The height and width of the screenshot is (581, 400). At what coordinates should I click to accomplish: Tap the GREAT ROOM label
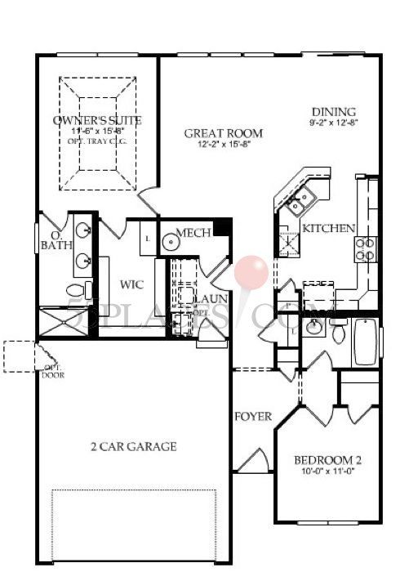(223, 133)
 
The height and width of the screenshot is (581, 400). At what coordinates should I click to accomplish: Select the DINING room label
(334, 112)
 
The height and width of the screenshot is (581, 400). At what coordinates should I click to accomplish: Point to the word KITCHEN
(327, 228)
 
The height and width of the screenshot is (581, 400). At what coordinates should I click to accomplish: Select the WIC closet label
(131, 286)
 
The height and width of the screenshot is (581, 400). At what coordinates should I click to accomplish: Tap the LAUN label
(210, 298)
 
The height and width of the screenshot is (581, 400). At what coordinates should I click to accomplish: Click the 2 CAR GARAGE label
(133, 447)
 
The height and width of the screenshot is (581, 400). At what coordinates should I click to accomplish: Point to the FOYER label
(253, 416)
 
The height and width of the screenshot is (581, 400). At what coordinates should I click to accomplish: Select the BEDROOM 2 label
(327, 460)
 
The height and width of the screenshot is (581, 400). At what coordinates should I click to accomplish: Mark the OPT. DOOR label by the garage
(53, 373)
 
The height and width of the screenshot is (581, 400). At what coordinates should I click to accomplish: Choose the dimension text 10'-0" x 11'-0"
(327, 473)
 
